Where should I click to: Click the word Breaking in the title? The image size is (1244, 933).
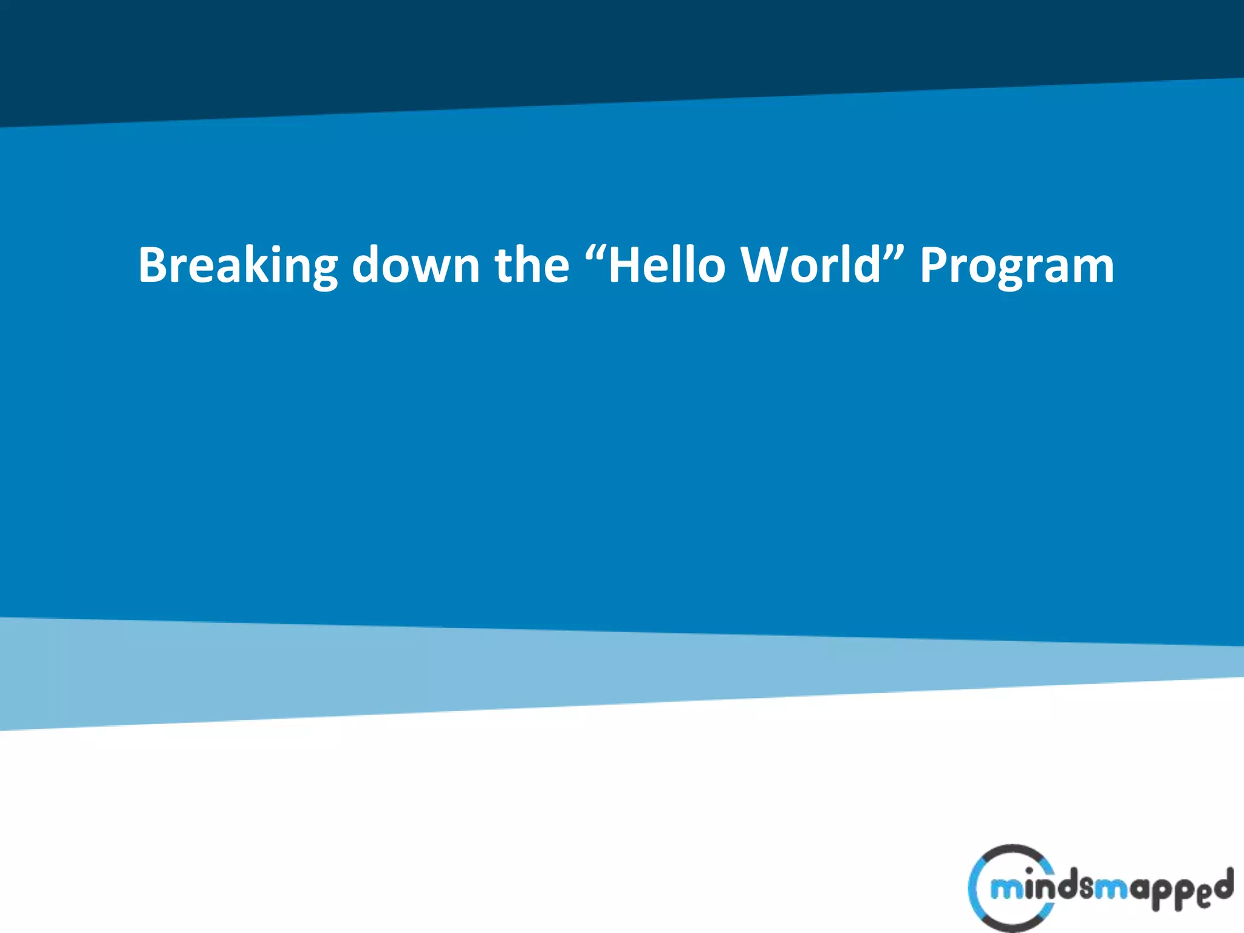(x=237, y=265)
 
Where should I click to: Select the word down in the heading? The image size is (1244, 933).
(x=415, y=265)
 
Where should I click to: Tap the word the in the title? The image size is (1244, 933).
(x=532, y=265)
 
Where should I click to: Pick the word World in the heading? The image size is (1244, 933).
(x=811, y=265)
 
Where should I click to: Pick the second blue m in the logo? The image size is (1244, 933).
(x=1112, y=890)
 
